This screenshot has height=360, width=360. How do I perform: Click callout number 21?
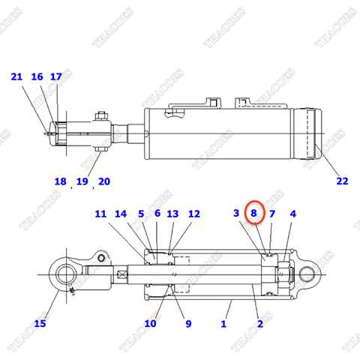pos(16,76)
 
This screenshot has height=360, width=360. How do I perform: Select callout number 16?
pos(37,76)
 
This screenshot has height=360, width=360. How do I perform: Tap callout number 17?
pos(55,76)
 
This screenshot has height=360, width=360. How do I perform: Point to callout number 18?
pos(61,181)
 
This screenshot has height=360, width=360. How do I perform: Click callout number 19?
pos(82,181)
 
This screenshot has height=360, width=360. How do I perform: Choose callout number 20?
pos(104,181)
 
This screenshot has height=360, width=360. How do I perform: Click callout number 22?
pos(342,181)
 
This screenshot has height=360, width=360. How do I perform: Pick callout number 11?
pos(101,214)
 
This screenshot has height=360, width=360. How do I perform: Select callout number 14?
pos(121,214)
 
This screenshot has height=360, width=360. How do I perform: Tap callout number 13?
pos(172,214)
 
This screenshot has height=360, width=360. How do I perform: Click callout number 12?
pos(193,214)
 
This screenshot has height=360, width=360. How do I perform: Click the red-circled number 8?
pos(254,214)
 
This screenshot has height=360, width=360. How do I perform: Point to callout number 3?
pos(236,214)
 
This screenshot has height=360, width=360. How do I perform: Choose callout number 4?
pos(293,214)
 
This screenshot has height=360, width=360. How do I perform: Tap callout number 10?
pos(150,323)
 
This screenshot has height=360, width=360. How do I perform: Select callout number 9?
pos(188,323)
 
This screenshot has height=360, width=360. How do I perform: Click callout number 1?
pos(223,323)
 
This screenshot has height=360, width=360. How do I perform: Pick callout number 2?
pos(259,323)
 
